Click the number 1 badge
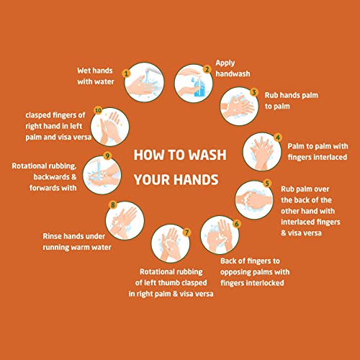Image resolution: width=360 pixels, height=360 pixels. coord(126,73)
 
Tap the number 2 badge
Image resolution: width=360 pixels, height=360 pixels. coord(207,69)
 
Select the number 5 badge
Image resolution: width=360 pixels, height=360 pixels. coord(267,184)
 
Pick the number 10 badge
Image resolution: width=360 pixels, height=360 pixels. coord(98,110)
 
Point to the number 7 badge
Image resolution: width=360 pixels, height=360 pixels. coord(186,233)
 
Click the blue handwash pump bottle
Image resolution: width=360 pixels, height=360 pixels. coord(199,86)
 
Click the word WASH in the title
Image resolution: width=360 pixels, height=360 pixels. coord(207,155)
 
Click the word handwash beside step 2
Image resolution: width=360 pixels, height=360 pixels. coord(233,73)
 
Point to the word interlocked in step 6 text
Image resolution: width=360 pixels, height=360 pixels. coord(264,283)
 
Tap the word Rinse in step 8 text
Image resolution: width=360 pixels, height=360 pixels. coord(51,236)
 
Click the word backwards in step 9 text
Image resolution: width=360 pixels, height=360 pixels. coord(52,177)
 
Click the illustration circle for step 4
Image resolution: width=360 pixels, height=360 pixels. coord(262,152)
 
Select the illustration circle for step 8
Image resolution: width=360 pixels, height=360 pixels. coord(125,220)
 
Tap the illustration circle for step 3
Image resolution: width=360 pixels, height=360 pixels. coord(239,107)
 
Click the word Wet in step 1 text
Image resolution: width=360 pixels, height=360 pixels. coord(84,71)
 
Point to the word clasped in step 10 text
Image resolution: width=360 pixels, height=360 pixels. coord(38,115)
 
